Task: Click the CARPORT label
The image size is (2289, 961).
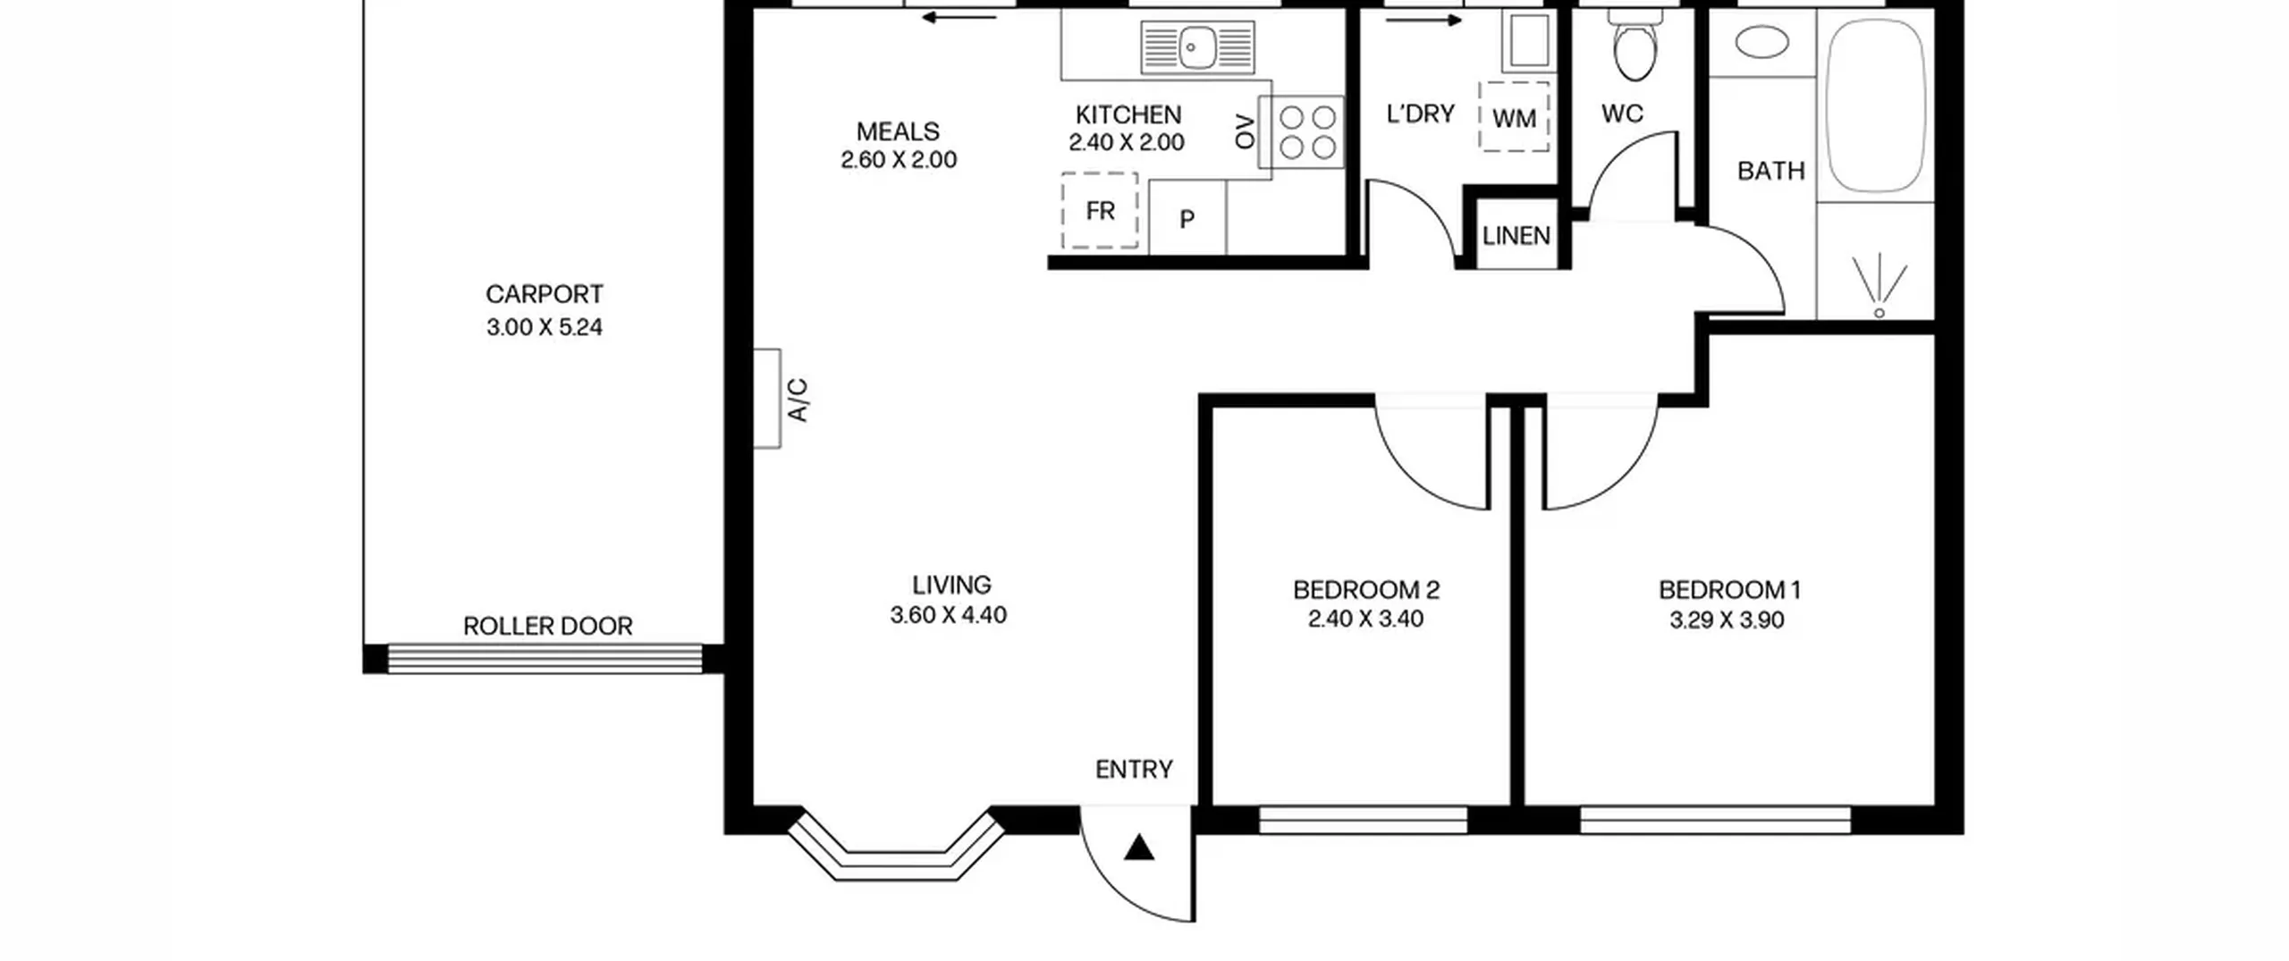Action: click(544, 294)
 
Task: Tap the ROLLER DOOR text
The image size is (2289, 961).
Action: click(547, 626)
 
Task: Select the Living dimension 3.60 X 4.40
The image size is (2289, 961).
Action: click(948, 615)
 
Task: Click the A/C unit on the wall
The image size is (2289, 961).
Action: click(767, 398)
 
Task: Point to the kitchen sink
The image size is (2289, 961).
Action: click(1198, 47)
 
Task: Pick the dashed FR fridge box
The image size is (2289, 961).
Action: click(1100, 211)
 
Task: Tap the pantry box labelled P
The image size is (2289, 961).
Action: click(1187, 217)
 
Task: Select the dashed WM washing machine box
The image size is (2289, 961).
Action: click(1514, 118)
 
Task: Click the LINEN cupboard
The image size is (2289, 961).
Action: click(1516, 235)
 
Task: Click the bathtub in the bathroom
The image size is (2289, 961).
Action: click(1875, 105)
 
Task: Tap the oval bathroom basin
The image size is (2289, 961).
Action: click(1761, 42)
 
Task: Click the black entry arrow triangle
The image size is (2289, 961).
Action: click(1138, 847)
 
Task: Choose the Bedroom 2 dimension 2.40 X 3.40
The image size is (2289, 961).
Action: click(1365, 619)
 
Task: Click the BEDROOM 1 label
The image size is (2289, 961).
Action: click(1729, 590)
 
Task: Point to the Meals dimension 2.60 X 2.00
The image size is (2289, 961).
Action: click(899, 160)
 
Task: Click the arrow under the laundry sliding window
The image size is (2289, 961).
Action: click(1423, 21)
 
